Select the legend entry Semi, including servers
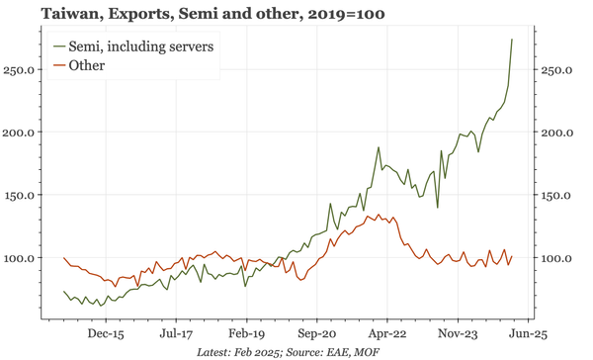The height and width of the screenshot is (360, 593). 144,46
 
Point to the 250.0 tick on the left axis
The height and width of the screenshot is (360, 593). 21,70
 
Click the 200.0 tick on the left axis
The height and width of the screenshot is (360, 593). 21,133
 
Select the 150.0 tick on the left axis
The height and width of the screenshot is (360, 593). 21,195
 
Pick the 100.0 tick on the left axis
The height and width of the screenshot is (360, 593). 21,258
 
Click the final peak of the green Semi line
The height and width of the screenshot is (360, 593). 511,40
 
